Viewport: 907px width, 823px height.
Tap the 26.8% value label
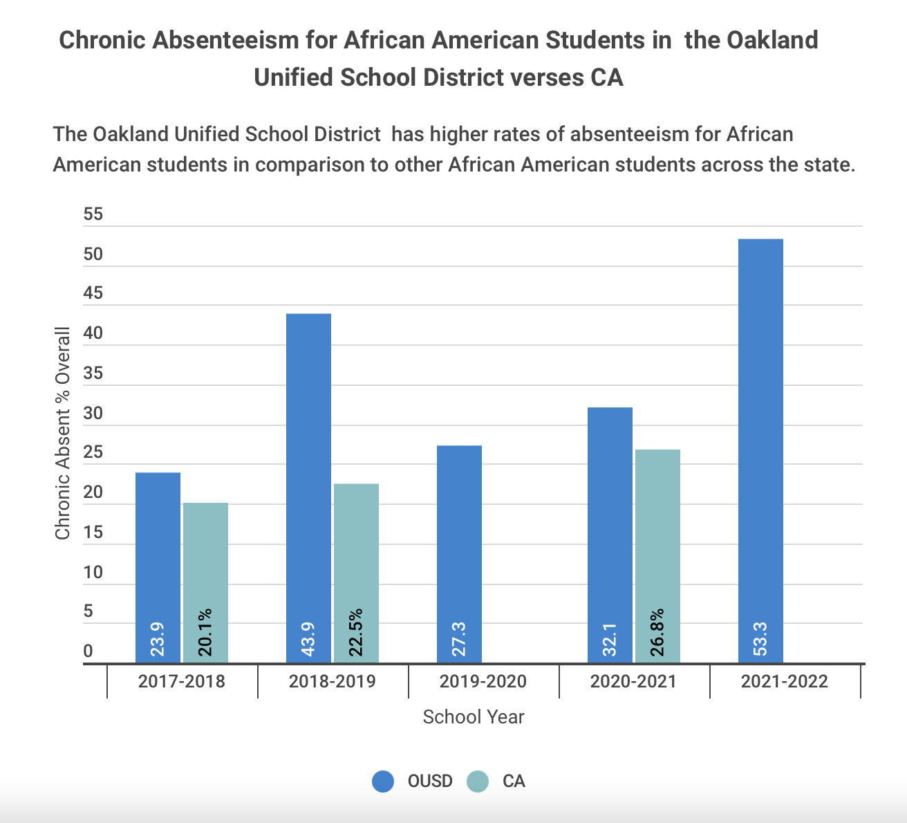coord(657,632)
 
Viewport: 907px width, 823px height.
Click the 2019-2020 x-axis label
coord(483,681)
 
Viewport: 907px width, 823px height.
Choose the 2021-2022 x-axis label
coord(784,681)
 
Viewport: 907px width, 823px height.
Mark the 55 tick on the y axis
coord(93,214)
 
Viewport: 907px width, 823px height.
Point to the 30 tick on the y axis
coord(93,414)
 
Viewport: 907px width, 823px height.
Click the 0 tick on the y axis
coord(88,651)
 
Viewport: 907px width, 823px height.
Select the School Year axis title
coord(474,716)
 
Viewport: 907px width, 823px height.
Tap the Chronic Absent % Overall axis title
coord(63,434)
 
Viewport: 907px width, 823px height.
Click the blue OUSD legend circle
coord(383,782)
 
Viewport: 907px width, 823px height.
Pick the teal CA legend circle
coord(478,782)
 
